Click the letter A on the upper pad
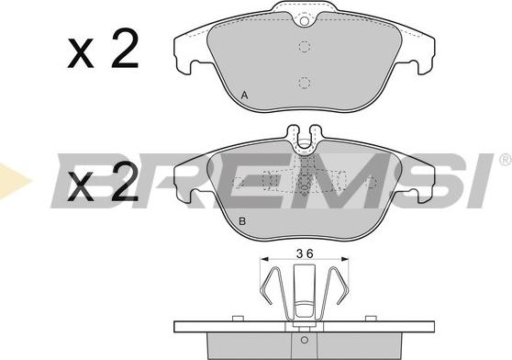coord(245,96)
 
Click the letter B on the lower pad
coord(242,221)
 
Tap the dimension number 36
coord(305,253)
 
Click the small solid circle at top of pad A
coord(305,21)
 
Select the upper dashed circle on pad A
coord(305,47)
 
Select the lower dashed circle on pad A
coord(305,83)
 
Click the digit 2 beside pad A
coord(125,48)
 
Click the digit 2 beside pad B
coord(125,181)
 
